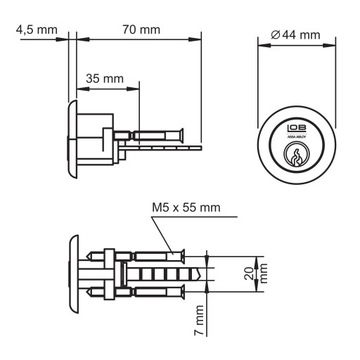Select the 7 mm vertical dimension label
pyautogui.click(x=201, y=326)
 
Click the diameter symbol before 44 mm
pyautogui.click(x=276, y=35)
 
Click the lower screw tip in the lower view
pyautogui.click(x=184, y=292)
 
